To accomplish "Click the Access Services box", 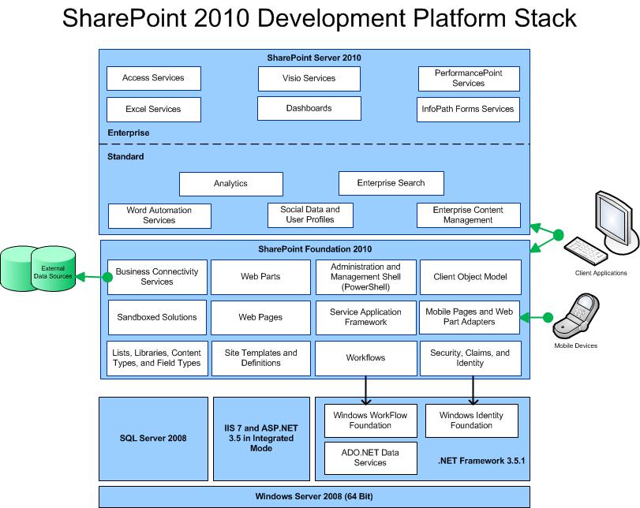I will point(153,78).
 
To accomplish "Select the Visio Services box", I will point(309,78).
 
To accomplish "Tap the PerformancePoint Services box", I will point(469,78).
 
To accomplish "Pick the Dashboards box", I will point(309,108).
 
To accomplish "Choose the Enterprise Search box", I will point(391,183).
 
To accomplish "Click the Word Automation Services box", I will point(159,215).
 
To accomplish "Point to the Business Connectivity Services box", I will point(156,277).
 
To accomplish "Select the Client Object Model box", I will point(470,277).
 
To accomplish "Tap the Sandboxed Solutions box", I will point(156,317).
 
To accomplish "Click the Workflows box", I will point(365,358).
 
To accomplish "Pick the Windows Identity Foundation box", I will point(471,420).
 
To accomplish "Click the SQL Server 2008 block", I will point(153,437).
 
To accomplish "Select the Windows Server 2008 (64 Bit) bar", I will point(313,496).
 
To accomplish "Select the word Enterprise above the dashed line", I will point(128,133).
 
